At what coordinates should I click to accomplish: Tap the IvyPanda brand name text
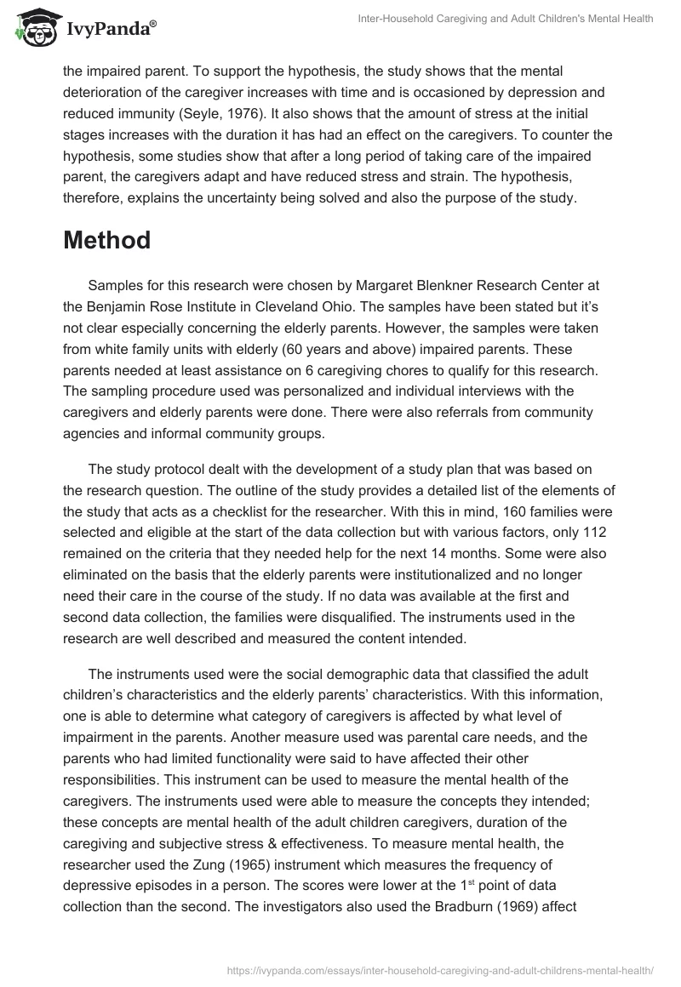pyautogui.click(x=108, y=30)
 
